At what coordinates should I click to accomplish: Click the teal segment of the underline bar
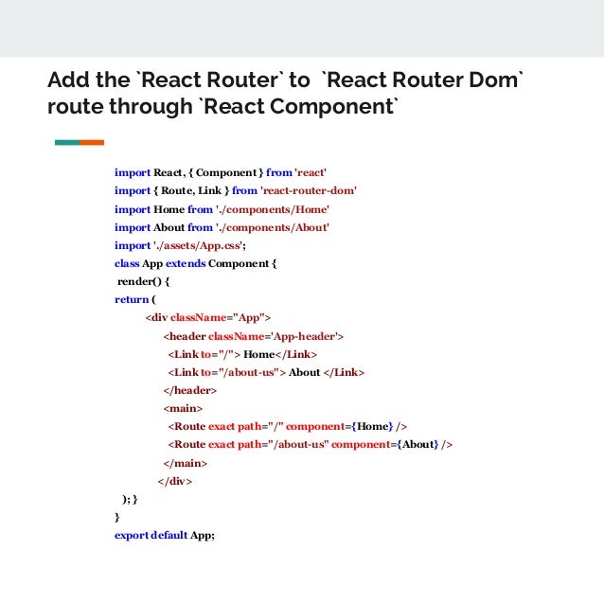[x=67, y=142]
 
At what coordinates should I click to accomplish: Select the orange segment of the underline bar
[x=92, y=142]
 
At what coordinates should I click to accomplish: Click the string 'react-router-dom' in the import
[x=308, y=191]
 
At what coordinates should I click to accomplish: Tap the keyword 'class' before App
[x=127, y=263]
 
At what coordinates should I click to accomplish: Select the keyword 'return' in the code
[x=131, y=299]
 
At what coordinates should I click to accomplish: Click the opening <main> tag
[x=182, y=408]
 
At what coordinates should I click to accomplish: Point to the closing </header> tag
[x=190, y=390]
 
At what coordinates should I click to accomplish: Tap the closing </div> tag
[x=175, y=481]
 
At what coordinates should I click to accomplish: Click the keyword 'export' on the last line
[x=132, y=536]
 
